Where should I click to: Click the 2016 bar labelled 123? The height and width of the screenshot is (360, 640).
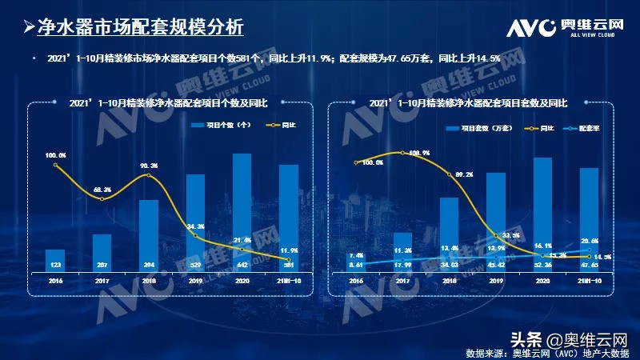pos(56,259)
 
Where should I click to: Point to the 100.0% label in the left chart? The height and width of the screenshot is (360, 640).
pos(55,154)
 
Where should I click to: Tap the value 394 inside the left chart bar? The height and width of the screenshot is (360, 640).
pos(149,263)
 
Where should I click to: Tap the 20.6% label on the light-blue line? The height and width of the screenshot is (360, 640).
pos(590,241)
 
